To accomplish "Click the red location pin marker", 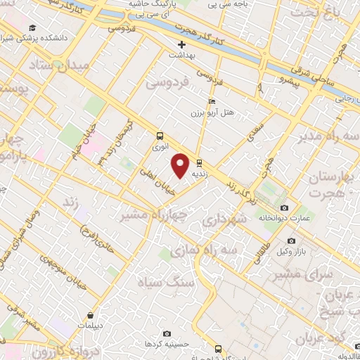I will (x=181, y=165).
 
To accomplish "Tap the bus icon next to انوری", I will (x=160, y=136).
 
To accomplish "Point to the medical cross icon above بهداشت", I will (x=181, y=44).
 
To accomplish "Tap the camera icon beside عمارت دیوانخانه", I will (x=284, y=208).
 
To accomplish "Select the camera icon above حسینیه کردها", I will (x=167, y=333).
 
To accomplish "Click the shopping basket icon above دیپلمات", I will (x=91, y=316).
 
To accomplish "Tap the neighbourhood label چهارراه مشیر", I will (x=155, y=214).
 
